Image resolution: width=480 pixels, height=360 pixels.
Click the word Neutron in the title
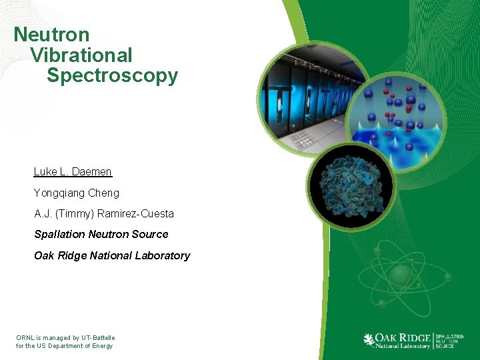tap(51, 34)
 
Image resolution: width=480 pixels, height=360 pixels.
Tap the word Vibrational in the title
tap(81, 55)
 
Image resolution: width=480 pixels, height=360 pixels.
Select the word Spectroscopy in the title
tap(112, 75)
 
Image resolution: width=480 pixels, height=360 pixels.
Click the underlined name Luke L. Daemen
tap(73, 171)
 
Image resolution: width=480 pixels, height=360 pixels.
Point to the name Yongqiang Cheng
tap(77, 193)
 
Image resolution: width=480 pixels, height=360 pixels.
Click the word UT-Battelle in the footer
tap(99, 338)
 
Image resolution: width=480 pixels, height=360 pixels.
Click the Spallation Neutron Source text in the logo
tap(449, 341)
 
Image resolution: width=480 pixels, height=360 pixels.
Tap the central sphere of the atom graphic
tap(401, 275)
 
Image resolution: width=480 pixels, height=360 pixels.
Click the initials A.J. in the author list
tap(43, 214)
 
